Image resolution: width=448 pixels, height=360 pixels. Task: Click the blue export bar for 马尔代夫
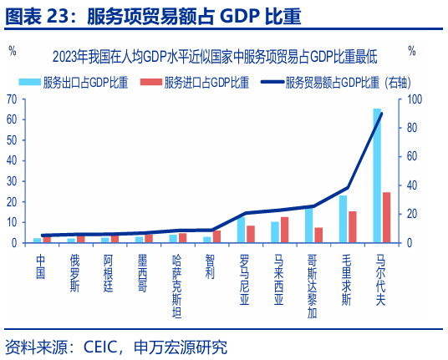tap(378, 175)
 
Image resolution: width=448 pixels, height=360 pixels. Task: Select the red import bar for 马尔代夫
tap(386, 217)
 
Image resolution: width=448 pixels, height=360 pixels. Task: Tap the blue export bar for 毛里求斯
tap(344, 219)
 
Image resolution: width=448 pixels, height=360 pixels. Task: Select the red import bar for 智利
tap(216, 236)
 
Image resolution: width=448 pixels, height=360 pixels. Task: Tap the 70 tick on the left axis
tap(13, 99)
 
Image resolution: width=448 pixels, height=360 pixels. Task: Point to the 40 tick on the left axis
tap(13, 160)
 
